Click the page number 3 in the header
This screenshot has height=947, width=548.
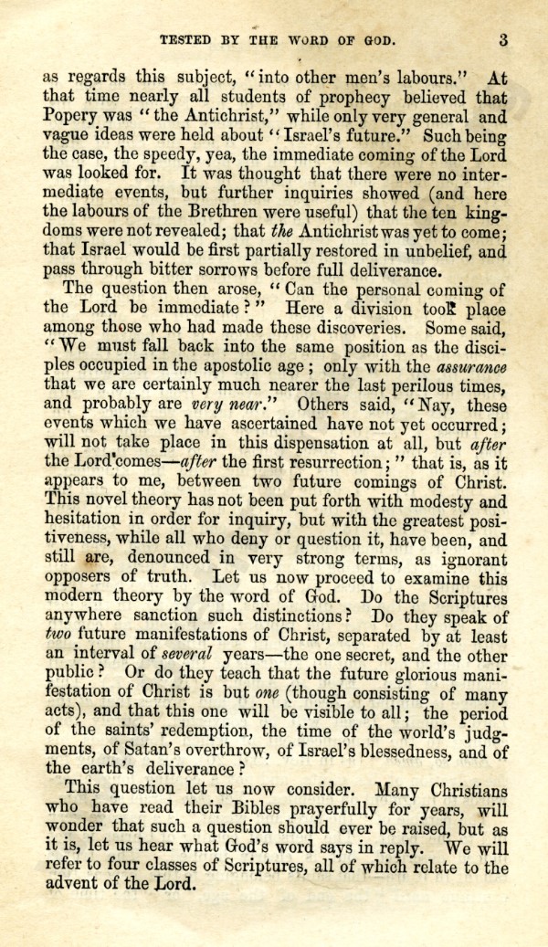(503, 39)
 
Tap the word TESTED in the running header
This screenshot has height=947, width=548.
(189, 39)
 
